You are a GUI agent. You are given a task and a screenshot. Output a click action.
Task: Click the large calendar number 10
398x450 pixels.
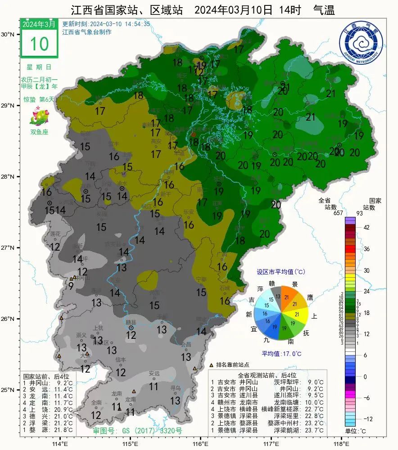click(x=39, y=44)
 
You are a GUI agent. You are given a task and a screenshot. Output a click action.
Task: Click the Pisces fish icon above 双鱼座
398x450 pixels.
click(x=39, y=117)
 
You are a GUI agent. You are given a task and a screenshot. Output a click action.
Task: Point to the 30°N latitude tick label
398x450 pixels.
click(x=7, y=35)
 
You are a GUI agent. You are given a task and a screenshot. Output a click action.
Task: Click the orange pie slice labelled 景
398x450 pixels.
click(x=289, y=295)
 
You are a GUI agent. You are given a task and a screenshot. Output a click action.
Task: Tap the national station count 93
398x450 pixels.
click(x=371, y=213)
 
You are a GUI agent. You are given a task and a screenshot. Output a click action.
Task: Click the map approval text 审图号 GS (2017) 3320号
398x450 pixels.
click(x=137, y=431)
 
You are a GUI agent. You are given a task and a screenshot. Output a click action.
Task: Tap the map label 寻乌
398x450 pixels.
click(x=175, y=387)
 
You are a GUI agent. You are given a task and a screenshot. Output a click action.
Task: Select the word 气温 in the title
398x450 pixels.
click(x=324, y=10)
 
